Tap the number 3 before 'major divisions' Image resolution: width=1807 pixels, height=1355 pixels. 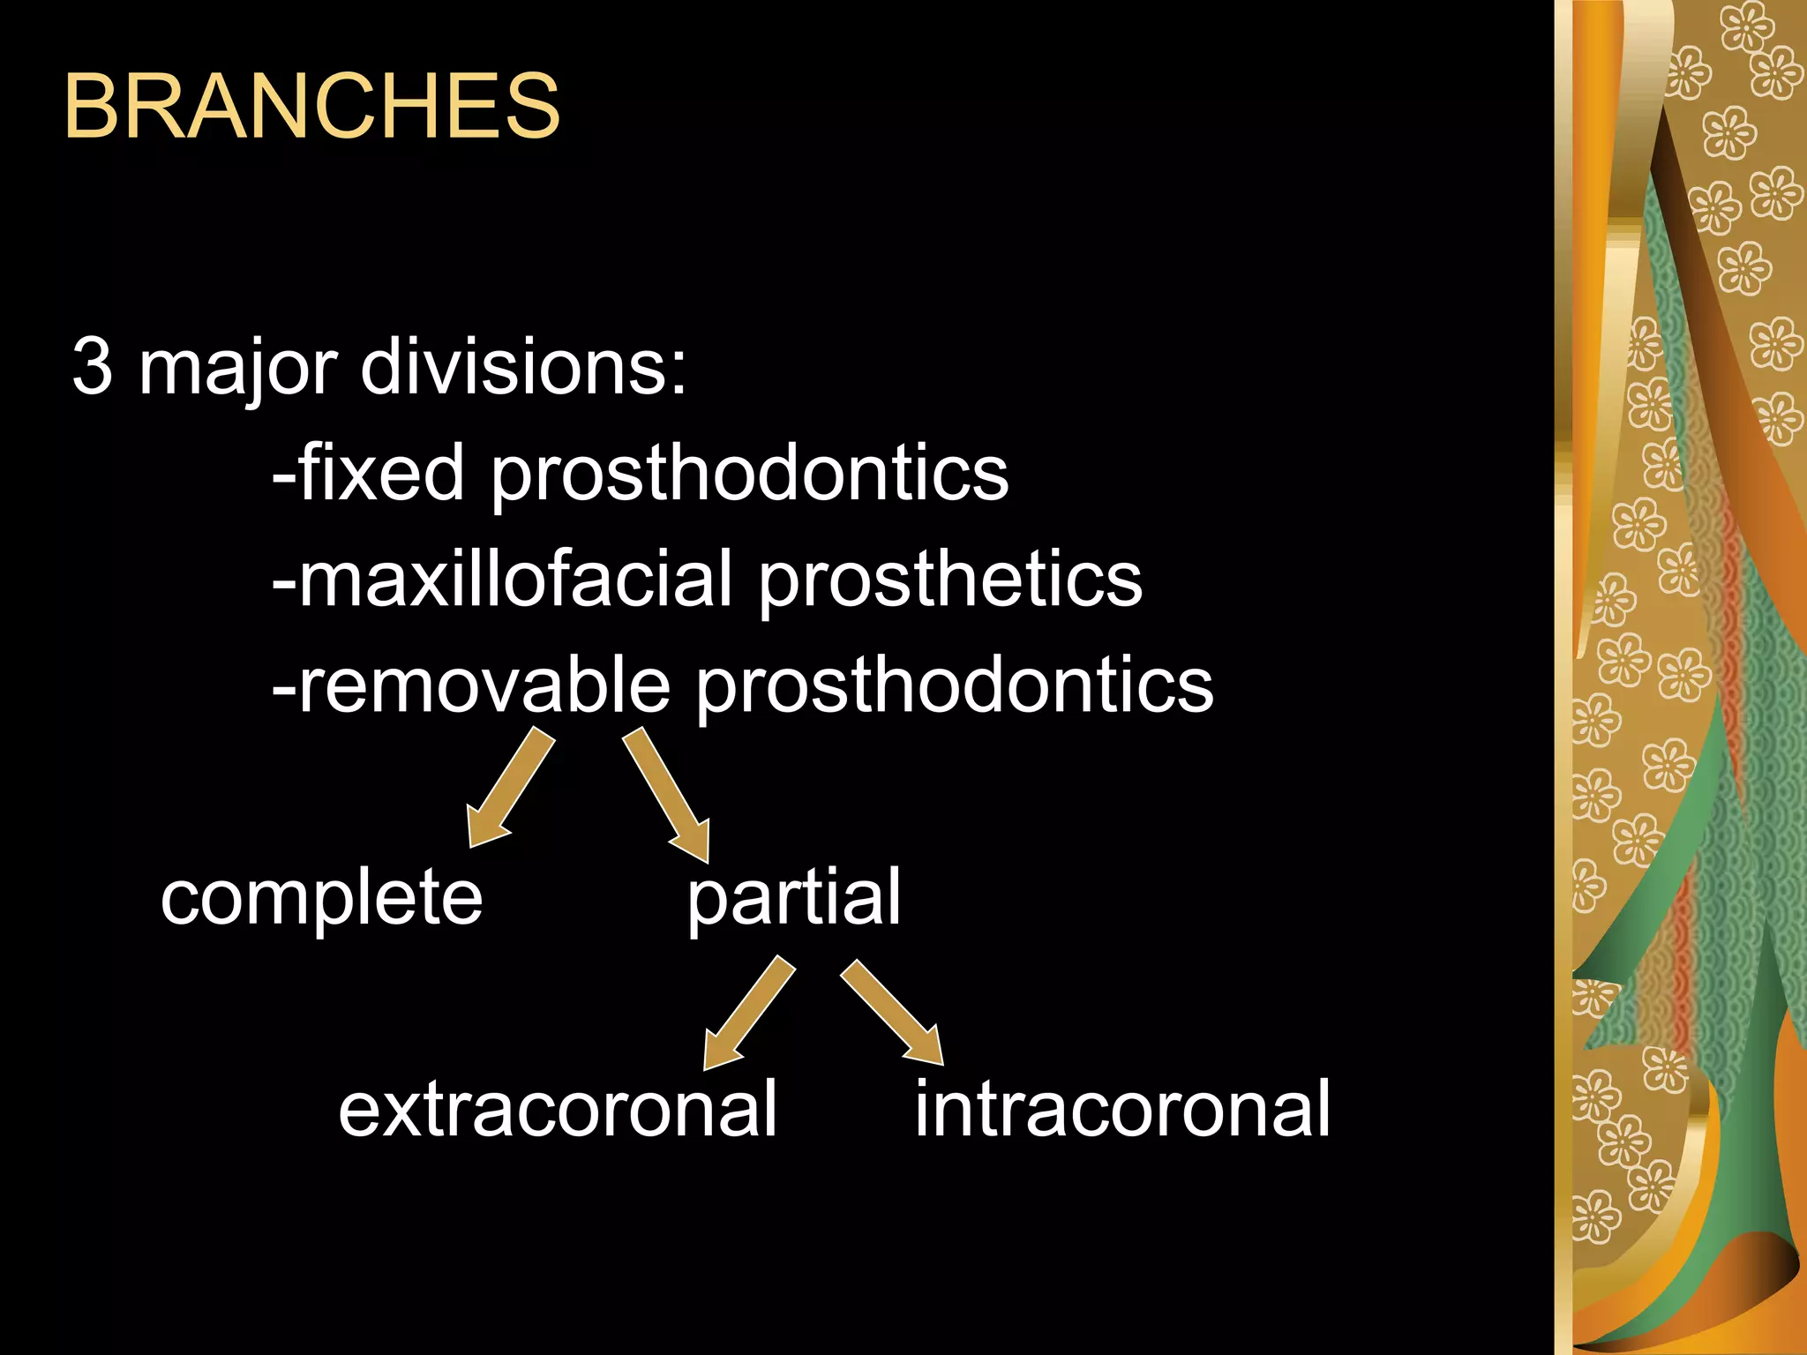tap(92, 366)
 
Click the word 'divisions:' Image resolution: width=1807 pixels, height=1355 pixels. tap(523, 366)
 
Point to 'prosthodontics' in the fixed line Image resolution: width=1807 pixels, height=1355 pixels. tap(749, 476)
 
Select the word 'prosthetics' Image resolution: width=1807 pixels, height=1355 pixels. tap(950, 582)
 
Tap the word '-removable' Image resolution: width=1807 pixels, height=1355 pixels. tap(471, 685)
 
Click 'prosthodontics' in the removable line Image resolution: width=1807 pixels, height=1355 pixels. tap(955, 688)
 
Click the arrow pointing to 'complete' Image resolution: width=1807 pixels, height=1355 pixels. tap(509, 787)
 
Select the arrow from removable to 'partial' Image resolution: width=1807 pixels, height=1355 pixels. tap(668, 794)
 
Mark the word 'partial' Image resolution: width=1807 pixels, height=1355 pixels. tap(794, 900)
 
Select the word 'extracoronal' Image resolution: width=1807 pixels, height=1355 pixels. tap(558, 1110)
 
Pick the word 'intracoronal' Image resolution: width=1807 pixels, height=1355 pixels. tap(1122, 1110)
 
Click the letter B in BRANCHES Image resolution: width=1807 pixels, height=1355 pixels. tap(92, 107)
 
